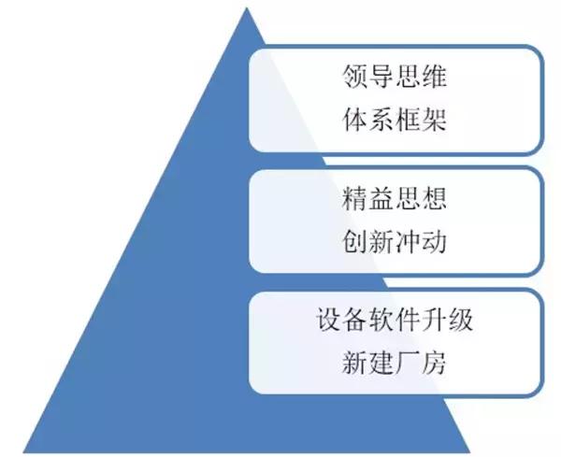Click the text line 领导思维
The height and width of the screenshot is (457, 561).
tap(395, 76)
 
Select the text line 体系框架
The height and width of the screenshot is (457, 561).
tap(395, 119)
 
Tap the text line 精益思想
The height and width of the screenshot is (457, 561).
tap(395, 198)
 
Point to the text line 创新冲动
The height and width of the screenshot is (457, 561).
tap(395, 241)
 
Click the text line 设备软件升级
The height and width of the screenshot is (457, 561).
tap(395, 319)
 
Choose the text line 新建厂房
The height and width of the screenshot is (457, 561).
tap(395, 363)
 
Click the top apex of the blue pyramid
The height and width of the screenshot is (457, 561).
tap(247, 7)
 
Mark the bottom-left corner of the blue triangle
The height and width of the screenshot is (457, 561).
tap(23, 452)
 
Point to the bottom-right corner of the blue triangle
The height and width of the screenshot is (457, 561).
tap(469, 452)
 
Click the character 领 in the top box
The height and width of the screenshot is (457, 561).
tap(355, 76)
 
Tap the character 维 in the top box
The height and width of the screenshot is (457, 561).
tap(435, 76)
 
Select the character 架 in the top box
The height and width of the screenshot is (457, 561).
tap(435, 119)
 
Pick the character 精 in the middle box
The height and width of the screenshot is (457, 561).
tap(355, 198)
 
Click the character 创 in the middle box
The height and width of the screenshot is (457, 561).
tap(355, 241)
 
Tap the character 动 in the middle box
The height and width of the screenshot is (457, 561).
tap(435, 241)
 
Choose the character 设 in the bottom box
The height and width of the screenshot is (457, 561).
tap(329, 319)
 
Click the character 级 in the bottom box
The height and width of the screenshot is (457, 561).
tap(461, 319)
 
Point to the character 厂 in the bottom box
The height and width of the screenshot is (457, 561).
tap(408, 363)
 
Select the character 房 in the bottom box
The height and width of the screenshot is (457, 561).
tap(435, 363)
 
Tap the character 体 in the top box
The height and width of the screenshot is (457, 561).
tap(355, 119)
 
